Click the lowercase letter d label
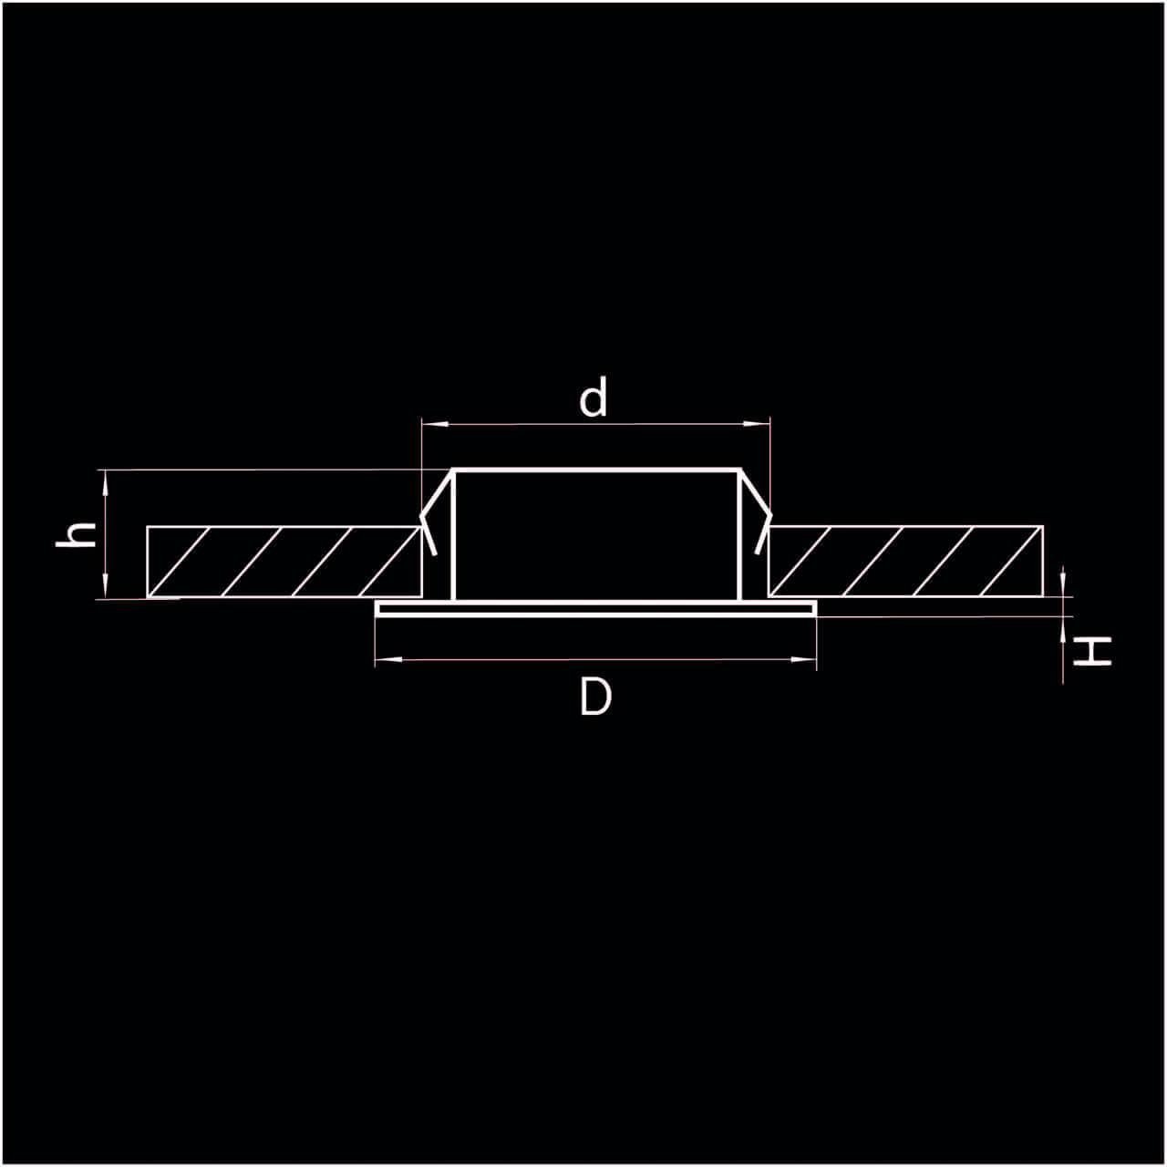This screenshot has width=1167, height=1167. pyautogui.click(x=593, y=398)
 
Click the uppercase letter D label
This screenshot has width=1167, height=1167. pyautogui.click(x=595, y=697)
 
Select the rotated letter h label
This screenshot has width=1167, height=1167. pyautogui.click(x=76, y=535)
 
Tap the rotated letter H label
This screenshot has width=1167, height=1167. pyautogui.click(x=1092, y=652)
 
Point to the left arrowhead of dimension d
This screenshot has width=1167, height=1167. pyautogui.click(x=434, y=424)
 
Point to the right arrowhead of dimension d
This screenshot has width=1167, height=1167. pyautogui.click(x=757, y=424)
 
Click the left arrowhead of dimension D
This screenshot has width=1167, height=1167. pyautogui.click(x=388, y=659)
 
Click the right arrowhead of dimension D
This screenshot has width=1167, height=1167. pyautogui.click(x=803, y=659)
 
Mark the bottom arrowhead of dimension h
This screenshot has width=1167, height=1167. pyautogui.click(x=106, y=585)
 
